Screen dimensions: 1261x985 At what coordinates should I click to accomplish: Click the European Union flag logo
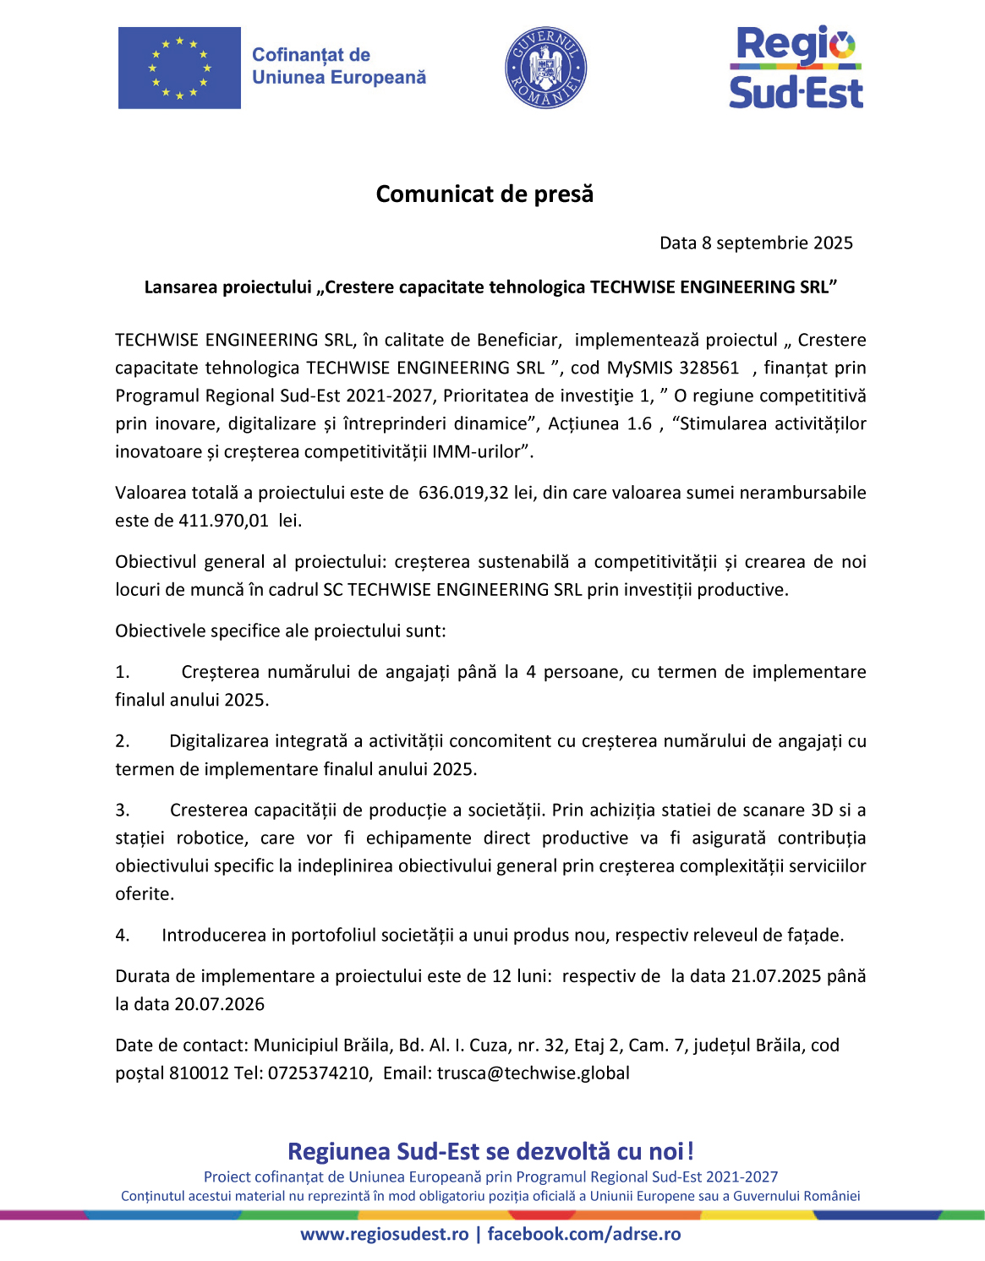[179, 68]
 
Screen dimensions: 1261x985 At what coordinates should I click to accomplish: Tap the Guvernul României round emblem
[545, 68]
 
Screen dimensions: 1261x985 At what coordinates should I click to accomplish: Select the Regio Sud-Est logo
[796, 68]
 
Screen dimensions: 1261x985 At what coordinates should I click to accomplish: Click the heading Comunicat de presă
[484, 194]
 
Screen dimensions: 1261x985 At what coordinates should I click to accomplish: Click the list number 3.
[122, 811]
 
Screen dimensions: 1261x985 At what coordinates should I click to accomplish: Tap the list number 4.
[122, 936]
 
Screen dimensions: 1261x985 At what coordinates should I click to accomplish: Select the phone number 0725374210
[319, 1073]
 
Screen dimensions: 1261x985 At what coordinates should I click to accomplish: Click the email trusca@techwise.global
[533, 1073]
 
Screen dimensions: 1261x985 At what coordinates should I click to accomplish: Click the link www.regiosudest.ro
[385, 1234]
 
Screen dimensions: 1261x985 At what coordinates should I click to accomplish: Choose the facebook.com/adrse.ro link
[583, 1234]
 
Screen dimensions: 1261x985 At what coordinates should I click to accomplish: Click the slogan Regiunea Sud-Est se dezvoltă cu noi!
[490, 1151]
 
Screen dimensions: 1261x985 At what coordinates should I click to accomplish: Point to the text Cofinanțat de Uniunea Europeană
[338, 66]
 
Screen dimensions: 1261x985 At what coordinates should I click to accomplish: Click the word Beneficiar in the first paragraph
[517, 340]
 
